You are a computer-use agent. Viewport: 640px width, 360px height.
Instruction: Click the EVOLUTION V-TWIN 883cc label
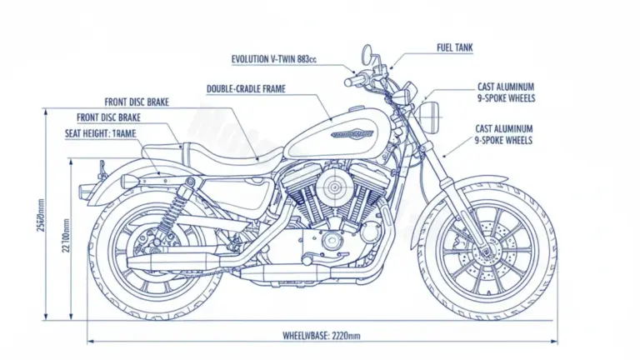click(x=274, y=59)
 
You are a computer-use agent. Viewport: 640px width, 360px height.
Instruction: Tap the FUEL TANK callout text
click(x=454, y=48)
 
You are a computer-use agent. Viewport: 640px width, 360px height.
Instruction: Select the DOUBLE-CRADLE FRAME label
click(x=252, y=87)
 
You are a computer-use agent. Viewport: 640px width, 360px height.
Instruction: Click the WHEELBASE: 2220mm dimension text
click(x=322, y=335)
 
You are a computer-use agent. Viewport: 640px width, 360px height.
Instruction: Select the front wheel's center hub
click(x=486, y=247)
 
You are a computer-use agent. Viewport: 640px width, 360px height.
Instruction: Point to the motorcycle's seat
click(x=221, y=154)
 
